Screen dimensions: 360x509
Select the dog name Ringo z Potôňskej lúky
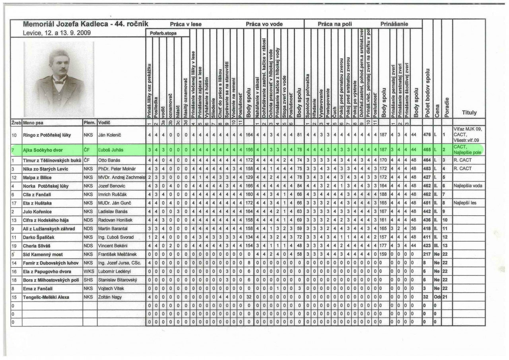(47, 135)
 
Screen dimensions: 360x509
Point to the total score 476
(426, 135)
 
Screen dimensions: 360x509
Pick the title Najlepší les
(464, 202)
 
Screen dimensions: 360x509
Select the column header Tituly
(469, 113)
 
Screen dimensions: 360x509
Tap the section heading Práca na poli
(333, 24)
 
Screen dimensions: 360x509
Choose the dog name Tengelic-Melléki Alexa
(49, 297)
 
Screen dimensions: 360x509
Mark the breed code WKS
(88, 271)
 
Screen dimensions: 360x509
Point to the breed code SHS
(88, 280)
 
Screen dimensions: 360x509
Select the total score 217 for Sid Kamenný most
(426, 254)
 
